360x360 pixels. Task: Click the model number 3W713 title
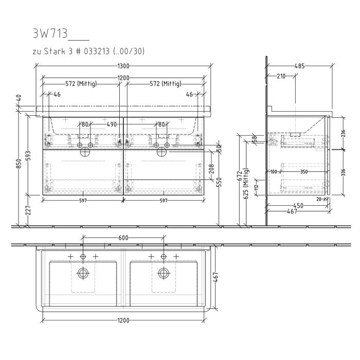pyautogui.click(x=50, y=34)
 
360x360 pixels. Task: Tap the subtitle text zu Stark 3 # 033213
pyautogui.click(x=71, y=51)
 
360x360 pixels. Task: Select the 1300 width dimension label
pyautogui.click(x=123, y=66)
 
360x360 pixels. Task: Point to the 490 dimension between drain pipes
pyautogui.click(x=112, y=124)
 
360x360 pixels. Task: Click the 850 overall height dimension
pyautogui.click(x=20, y=163)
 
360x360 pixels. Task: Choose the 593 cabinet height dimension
pyautogui.click(x=28, y=155)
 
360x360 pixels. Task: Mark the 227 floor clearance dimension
pyautogui.click(x=28, y=210)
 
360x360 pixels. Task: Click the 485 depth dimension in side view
pyautogui.click(x=300, y=66)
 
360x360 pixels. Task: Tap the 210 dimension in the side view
pyautogui.click(x=281, y=76)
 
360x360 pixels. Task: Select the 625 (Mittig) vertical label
pyautogui.click(x=246, y=184)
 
